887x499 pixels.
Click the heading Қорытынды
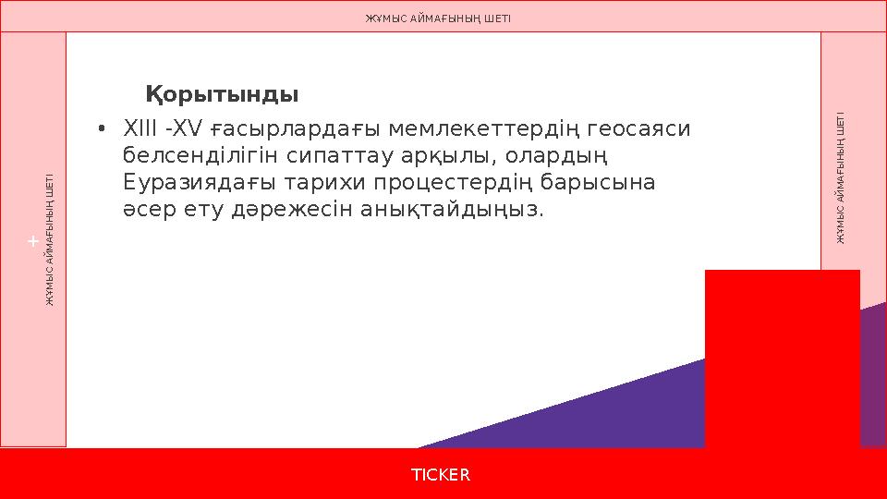pos(222,94)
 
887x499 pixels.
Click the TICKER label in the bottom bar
pos(441,474)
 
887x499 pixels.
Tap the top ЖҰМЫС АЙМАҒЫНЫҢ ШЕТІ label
pos(438,18)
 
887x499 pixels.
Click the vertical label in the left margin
pos(51,239)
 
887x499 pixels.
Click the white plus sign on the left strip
pos(32,241)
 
